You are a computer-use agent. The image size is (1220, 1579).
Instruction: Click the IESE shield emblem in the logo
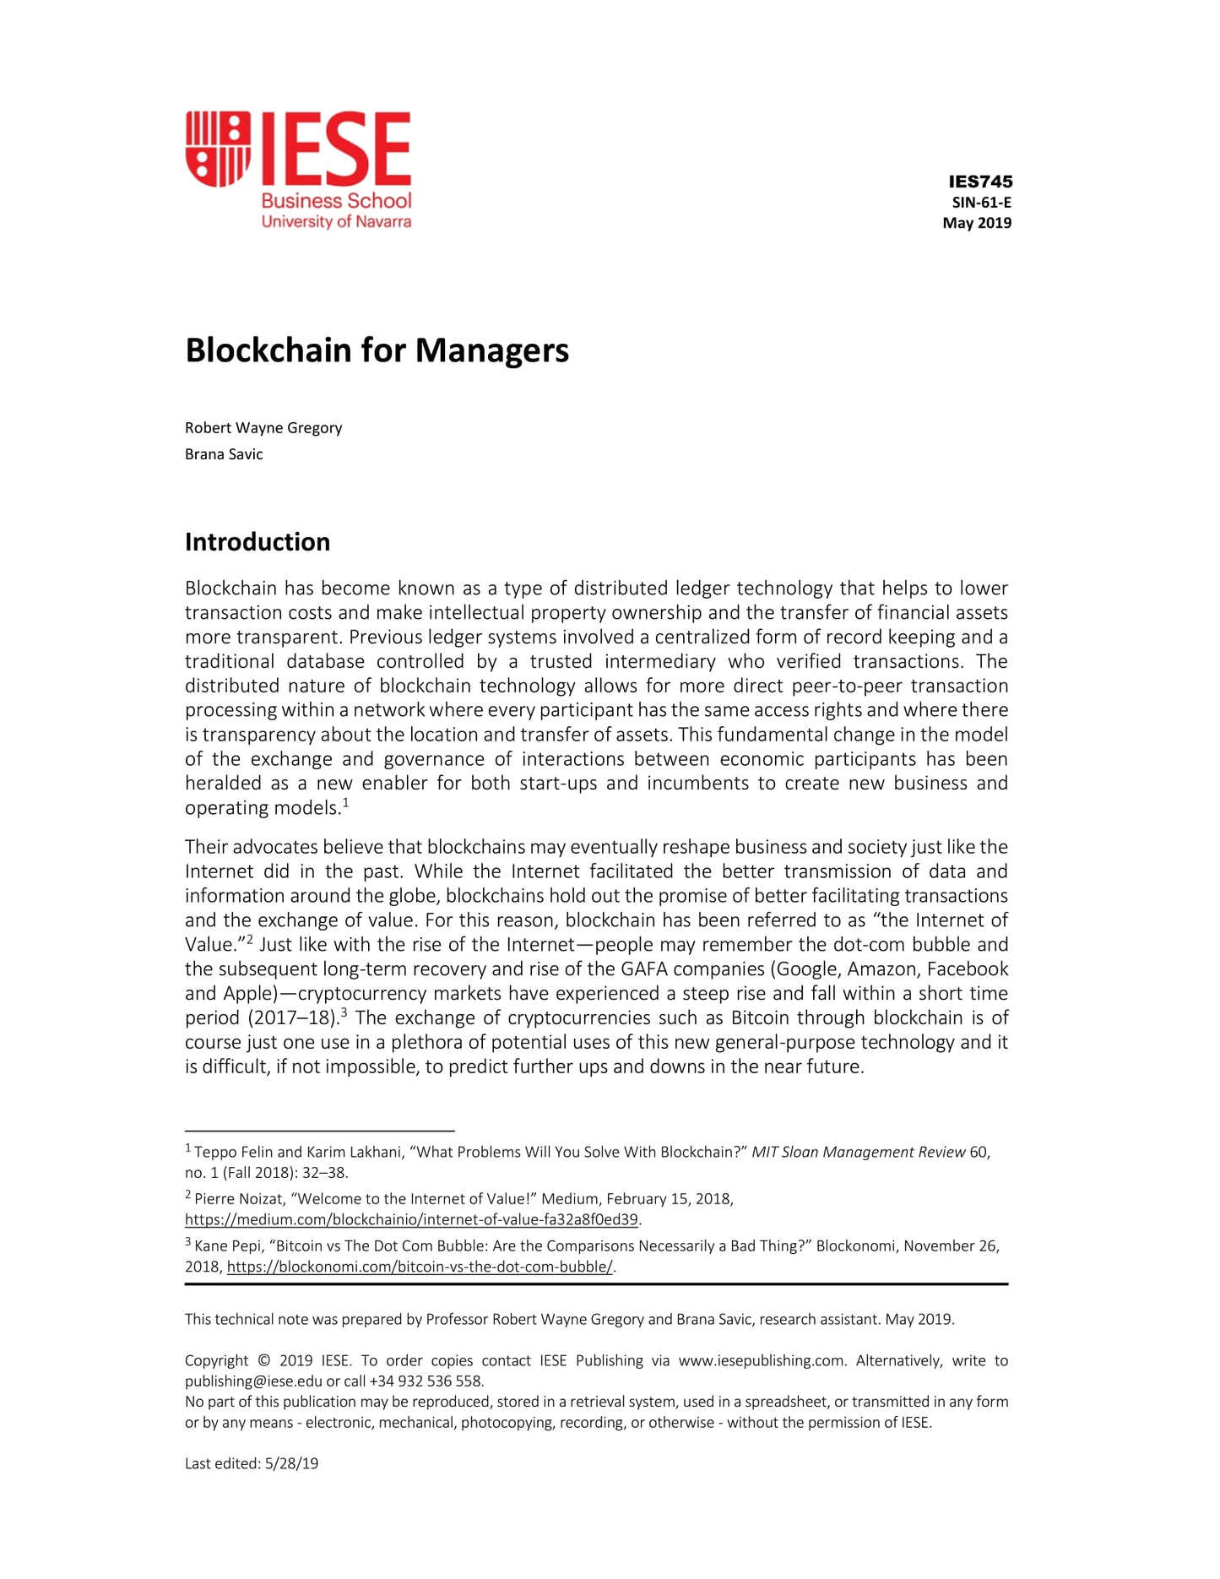tap(218, 149)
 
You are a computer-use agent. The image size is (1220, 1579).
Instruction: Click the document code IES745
tap(980, 182)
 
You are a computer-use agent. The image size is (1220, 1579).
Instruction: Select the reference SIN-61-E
tap(981, 203)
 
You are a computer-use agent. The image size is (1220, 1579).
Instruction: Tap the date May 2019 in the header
tap(977, 223)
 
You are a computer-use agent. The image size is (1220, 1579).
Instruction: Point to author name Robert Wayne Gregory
tap(263, 428)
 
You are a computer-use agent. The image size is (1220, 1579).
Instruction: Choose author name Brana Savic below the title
tap(224, 454)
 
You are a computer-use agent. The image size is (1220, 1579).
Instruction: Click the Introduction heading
tap(258, 542)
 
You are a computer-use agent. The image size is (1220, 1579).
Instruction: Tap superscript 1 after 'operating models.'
tap(346, 801)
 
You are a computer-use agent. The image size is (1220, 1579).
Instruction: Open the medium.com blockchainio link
tap(411, 1220)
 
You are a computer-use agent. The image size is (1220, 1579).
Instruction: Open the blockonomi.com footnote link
tap(420, 1267)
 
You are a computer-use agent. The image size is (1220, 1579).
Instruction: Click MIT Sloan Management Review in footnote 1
tap(858, 1153)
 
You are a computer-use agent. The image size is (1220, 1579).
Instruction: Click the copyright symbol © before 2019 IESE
tap(263, 1360)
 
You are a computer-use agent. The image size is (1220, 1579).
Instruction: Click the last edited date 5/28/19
tap(291, 1463)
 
